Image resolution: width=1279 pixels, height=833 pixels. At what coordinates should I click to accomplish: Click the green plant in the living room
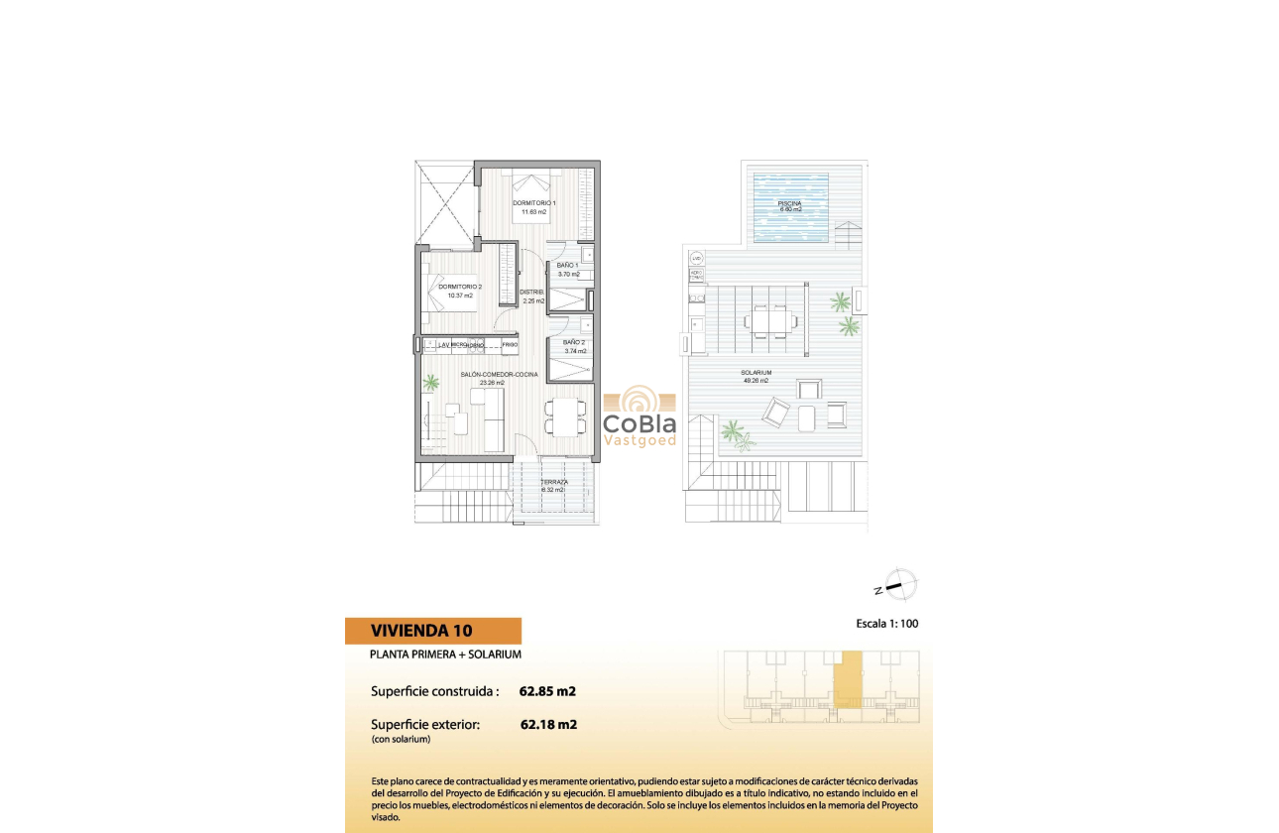(x=431, y=380)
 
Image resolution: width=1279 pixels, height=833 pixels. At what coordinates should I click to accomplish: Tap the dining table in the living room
(x=563, y=416)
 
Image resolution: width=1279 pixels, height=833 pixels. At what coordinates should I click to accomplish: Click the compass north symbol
(x=898, y=586)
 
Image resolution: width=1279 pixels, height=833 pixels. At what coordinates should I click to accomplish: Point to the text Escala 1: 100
(x=892, y=625)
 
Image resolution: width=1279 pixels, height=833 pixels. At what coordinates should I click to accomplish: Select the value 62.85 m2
(x=547, y=691)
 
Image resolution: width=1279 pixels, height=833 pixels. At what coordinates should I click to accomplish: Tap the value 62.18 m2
(x=548, y=724)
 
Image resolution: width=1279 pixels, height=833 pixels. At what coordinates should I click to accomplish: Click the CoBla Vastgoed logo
(x=639, y=416)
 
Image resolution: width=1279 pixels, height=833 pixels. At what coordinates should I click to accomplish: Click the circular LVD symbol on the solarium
(x=696, y=259)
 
